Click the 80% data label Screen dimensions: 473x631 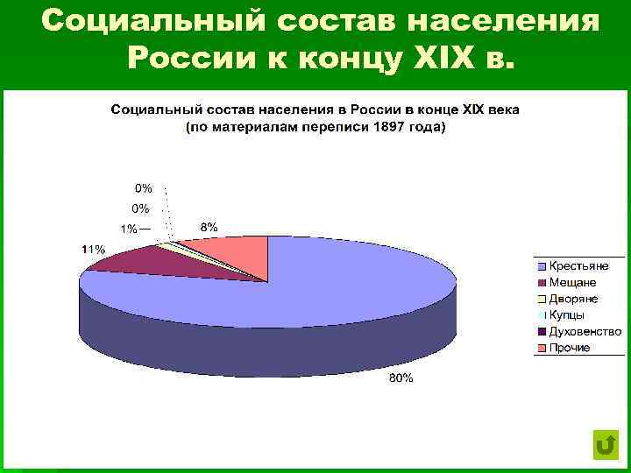(402, 379)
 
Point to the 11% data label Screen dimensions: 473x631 (94, 250)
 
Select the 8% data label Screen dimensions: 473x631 (209, 227)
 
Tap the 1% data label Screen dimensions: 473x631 (129, 229)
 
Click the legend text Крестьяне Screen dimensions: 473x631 (578, 265)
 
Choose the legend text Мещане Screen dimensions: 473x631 (573, 282)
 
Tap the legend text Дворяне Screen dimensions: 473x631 (574, 299)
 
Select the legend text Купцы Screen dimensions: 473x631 (568, 315)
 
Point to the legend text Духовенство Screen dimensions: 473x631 (585, 332)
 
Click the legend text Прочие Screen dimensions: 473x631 (570, 348)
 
